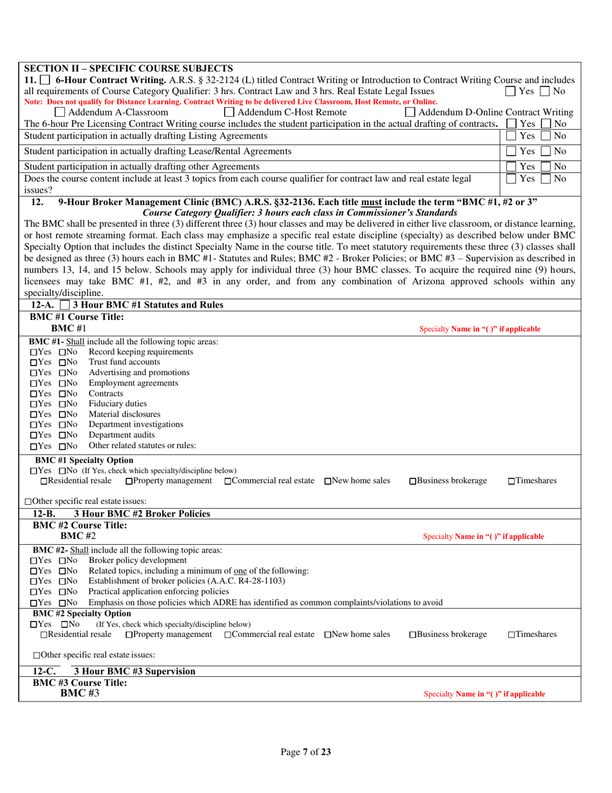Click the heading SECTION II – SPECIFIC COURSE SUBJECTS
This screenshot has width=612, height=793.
tap(128, 68)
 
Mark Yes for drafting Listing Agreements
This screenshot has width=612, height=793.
tap(512, 136)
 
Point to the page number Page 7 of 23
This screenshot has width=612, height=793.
tap(305, 752)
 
